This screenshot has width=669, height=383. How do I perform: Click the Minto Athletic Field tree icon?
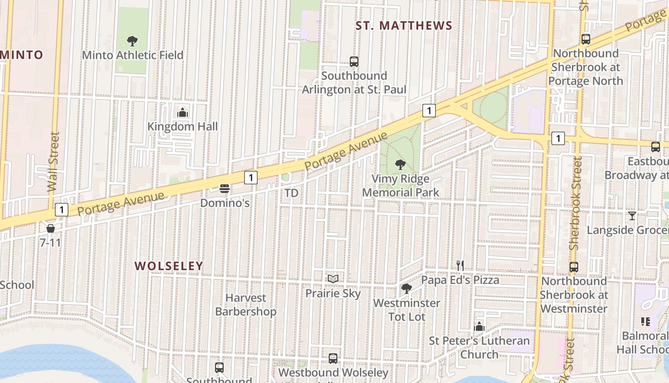(x=132, y=41)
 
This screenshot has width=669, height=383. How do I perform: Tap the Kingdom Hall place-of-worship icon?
(x=183, y=113)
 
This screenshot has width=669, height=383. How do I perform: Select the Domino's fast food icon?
(x=225, y=189)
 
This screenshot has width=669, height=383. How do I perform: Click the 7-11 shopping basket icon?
(x=51, y=228)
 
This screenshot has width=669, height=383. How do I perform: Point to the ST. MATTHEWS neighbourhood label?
(x=404, y=26)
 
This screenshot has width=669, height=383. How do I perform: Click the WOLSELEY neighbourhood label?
(x=169, y=266)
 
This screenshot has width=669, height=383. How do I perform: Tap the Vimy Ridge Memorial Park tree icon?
(x=400, y=165)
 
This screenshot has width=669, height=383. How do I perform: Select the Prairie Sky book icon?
(x=333, y=279)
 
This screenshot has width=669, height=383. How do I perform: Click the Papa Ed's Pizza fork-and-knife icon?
(x=460, y=265)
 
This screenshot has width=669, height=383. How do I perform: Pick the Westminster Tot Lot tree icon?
(x=407, y=288)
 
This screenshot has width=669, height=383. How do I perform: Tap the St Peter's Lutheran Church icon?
(x=479, y=327)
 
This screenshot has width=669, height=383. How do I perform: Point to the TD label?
(x=291, y=193)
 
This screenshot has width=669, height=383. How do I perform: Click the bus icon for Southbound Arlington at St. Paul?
(x=354, y=62)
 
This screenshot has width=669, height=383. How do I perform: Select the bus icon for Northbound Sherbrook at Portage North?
(x=586, y=39)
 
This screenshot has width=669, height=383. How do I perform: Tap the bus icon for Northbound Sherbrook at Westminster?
(x=574, y=267)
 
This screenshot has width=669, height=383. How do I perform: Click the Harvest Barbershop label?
(x=246, y=304)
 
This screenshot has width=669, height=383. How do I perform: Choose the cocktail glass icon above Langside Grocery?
(x=632, y=216)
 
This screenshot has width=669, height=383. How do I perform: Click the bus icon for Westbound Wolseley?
(x=333, y=358)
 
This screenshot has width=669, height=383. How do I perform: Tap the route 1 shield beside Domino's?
(x=251, y=178)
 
